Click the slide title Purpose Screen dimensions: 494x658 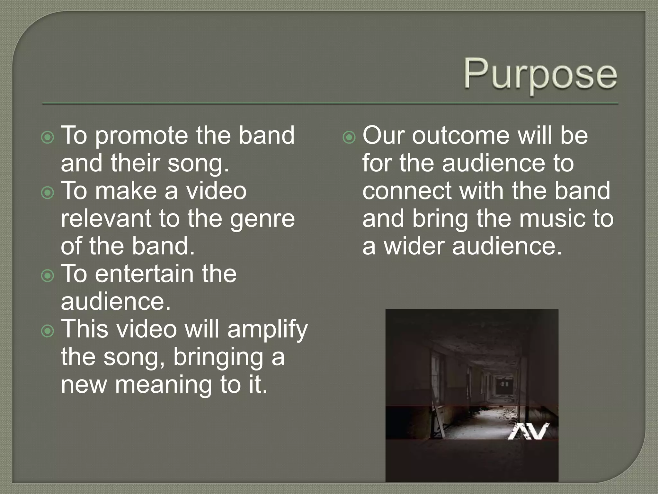tap(540, 75)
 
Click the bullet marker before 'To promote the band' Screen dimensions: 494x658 tap(48, 138)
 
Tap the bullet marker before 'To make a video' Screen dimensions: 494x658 tap(48, 193)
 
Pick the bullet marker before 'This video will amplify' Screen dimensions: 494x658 tap(48, 331)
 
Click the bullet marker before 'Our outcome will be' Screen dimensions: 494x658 tap(349, 138)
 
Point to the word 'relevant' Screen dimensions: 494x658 tap(106, 219)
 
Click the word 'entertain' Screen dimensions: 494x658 tap(144, 274)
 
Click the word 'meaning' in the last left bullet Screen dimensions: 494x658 tap(164, 385)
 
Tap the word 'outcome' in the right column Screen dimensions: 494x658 tap(461, 136)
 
